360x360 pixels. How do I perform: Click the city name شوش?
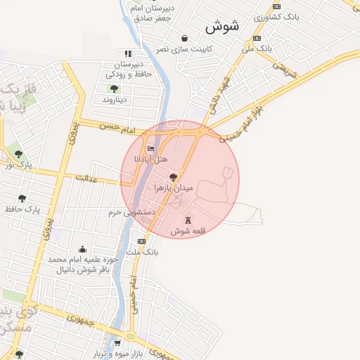[222, 26]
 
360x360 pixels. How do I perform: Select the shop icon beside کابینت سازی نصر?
[184, 39]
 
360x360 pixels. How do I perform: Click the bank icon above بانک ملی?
[257, 38]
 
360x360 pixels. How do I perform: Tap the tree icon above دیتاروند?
[114, 89]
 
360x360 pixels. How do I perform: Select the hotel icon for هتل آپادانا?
[150, 149]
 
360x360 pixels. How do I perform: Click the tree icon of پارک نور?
[18, 154]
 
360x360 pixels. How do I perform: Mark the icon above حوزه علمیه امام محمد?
[82, 249]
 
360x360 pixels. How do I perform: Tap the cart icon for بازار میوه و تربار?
[107, 343]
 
